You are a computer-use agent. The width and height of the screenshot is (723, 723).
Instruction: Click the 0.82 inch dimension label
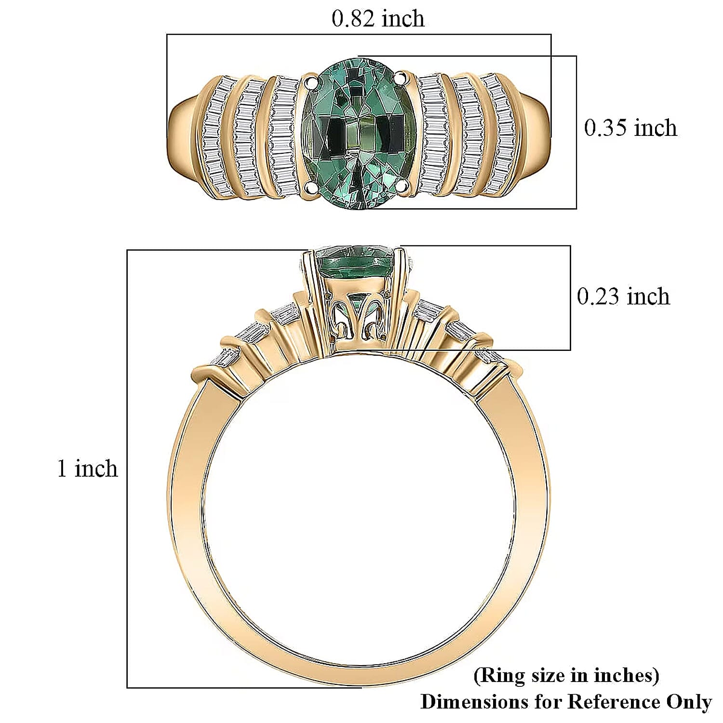378,18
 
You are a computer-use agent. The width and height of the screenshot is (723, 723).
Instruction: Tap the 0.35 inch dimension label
630,128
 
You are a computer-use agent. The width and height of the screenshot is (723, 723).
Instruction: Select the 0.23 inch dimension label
623,296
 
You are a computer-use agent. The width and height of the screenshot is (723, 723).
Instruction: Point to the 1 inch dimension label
87,469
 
